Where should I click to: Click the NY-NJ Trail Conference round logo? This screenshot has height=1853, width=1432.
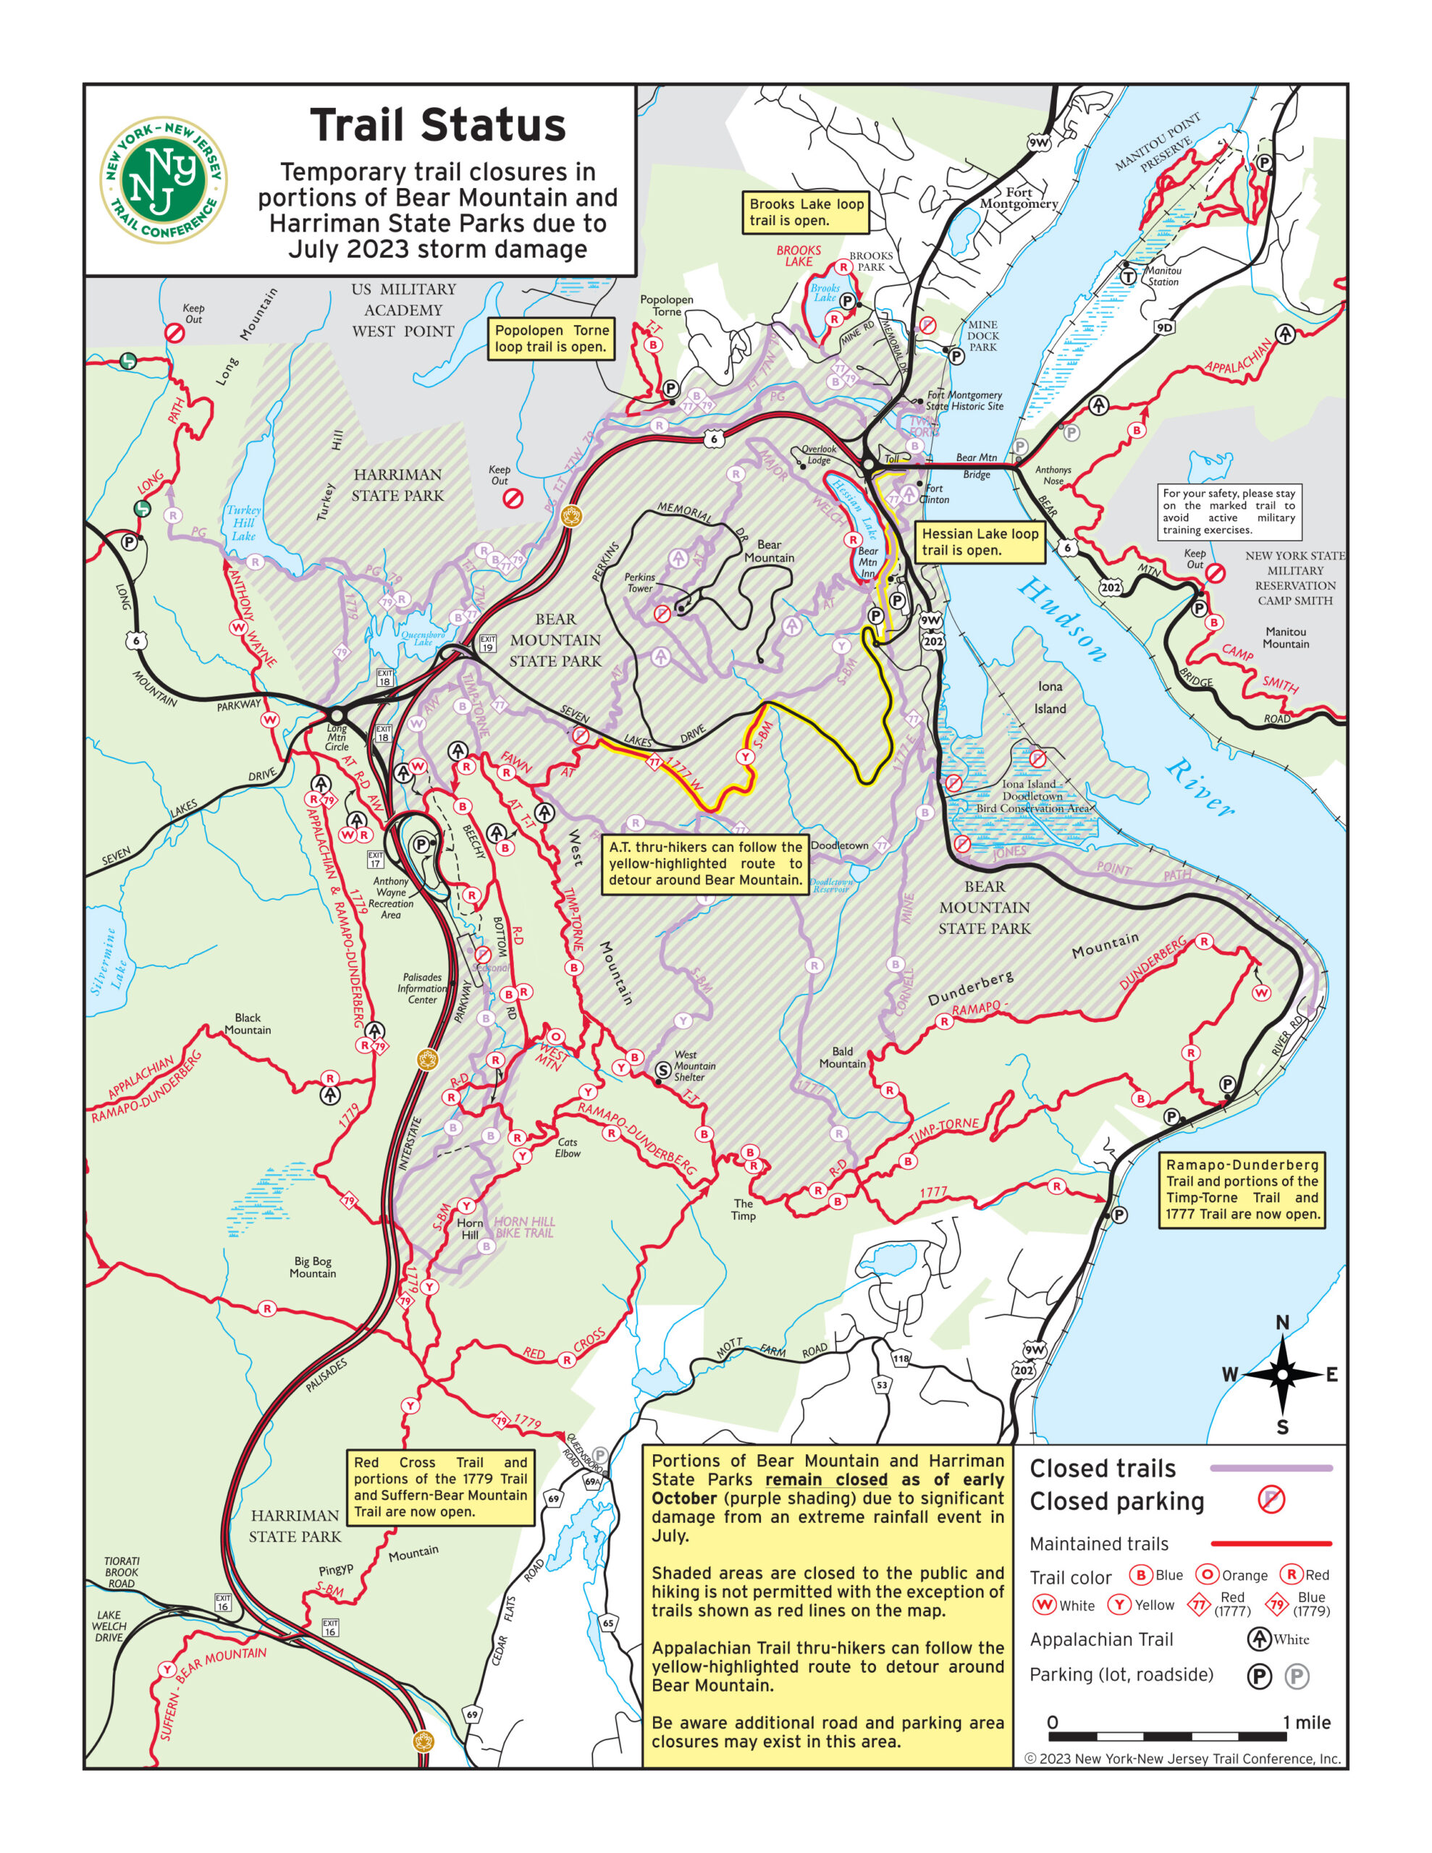(163, 180)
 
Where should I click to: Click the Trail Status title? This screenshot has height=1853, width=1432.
(437, 125)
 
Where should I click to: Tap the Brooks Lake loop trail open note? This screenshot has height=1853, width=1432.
(806, 212)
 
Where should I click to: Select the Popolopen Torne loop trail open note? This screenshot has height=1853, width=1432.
(551, 339)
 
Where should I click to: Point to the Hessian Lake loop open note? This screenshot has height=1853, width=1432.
(980, 541)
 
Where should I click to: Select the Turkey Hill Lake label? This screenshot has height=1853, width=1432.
(244, 523)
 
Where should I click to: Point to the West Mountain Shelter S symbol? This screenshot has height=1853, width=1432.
(663, 1071)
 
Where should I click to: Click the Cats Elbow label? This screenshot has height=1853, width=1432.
(567, 1147)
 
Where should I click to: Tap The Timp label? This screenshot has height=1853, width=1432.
(743, 1209)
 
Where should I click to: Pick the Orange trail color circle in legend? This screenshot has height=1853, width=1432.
(1206, 1575)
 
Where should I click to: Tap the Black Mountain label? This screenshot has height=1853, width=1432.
(247, 1023)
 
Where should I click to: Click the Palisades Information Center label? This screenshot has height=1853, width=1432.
(422, 987)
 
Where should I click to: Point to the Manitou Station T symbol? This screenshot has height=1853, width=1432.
(1128, 277)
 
